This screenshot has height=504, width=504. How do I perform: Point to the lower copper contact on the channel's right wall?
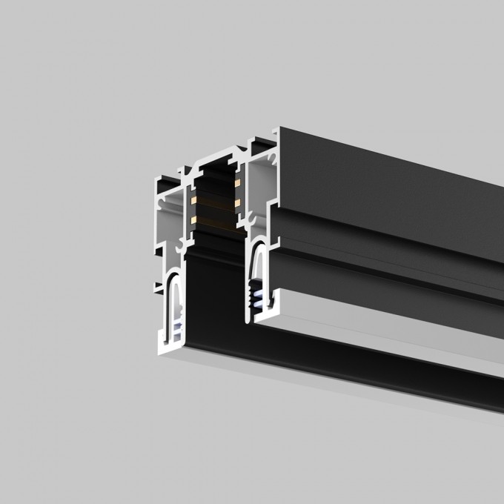click(x=238, y=200)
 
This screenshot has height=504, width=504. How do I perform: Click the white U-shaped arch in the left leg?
click(x=172, y=293)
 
